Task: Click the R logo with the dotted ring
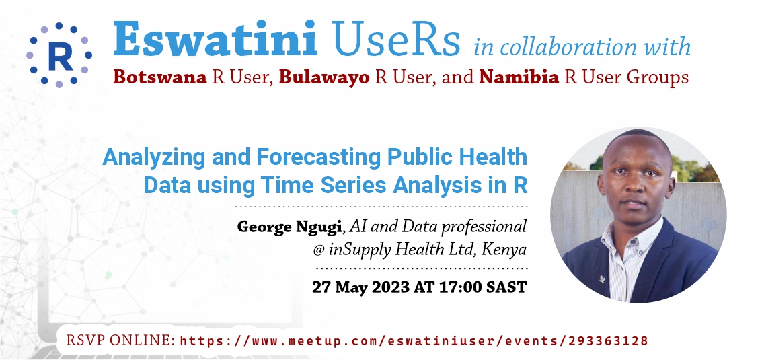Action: pyautogui.click(x=59, y=55)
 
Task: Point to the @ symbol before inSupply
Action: pyautogui.click(x=319, y=250)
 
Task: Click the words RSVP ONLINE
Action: pyautogui.click(x=120, y=340)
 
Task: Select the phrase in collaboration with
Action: pyautogui.click(x=582, y=46)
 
